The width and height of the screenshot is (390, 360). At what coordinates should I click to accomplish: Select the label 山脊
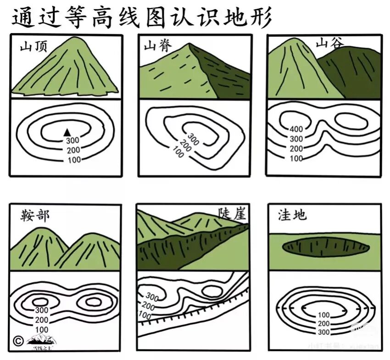pyautogui.click(x=156, y=46)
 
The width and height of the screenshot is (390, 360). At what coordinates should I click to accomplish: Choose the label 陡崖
pyautogui.click(x=233, y=213)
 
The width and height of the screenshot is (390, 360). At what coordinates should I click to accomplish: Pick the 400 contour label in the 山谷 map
pyautogui.click(x=296, y=129)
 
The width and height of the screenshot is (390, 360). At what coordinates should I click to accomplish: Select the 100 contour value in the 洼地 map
pyautogui.click(x=323, y=315)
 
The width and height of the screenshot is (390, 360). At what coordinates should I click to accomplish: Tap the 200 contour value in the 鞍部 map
pyautogui.click(x=42, y=320)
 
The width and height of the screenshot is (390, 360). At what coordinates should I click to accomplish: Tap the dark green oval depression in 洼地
pyautogui.click(x=325, y=247)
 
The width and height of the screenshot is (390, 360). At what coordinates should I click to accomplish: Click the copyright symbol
pyautogui.click(x=18, y=341)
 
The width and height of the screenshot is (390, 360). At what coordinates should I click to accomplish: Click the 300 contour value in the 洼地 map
pyautogui.click(x=323, y=332)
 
